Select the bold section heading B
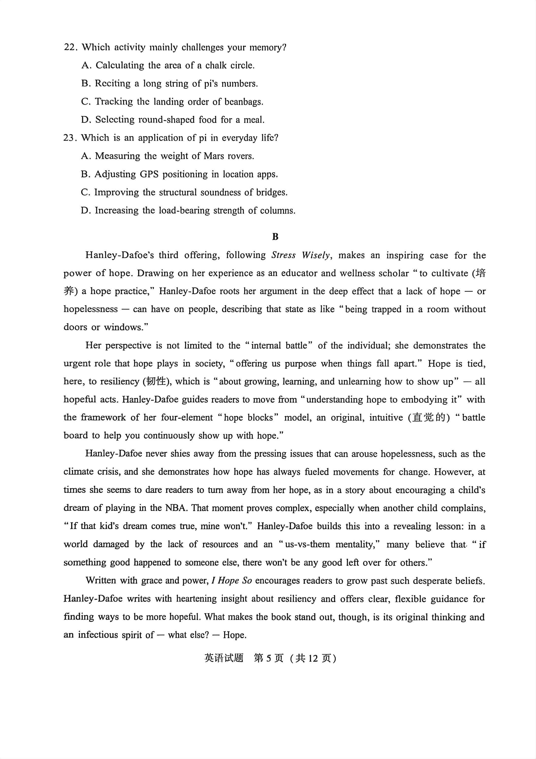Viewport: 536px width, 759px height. click(275, 237)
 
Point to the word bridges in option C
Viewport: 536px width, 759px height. click(272, 192)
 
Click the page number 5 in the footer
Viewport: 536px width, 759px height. click(268, 658)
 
